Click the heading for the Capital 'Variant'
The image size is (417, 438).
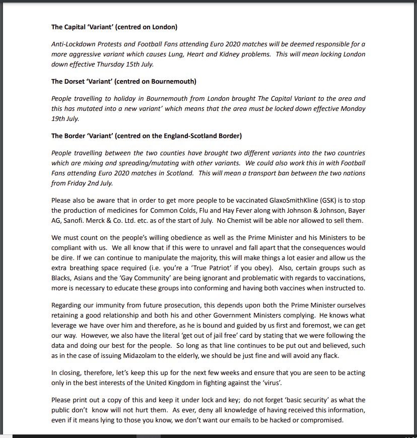114,27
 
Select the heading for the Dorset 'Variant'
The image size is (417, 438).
123,81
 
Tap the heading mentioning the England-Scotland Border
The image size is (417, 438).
146,136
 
